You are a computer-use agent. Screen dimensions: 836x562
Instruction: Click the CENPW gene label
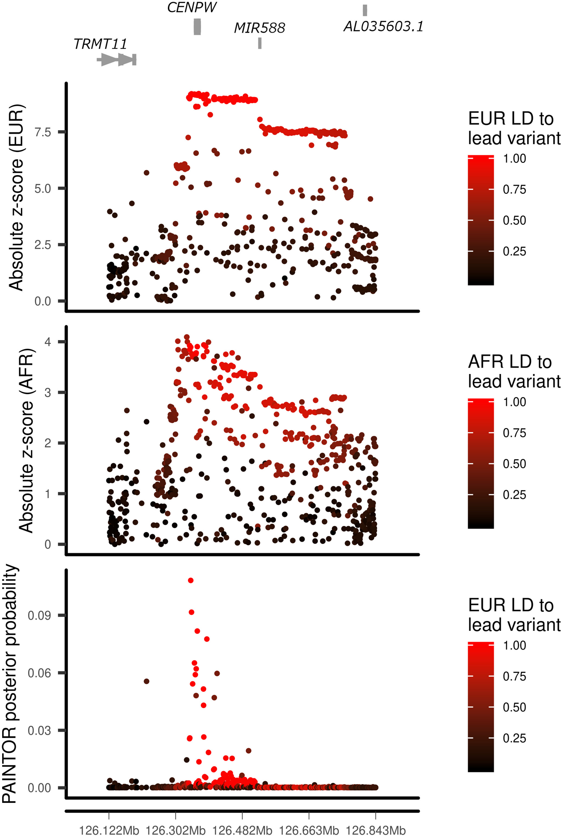[x=192, y=7]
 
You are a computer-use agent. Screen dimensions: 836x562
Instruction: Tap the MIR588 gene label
[x=259, y=28]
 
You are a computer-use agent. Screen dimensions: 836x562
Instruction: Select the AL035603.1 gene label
[x=383, y=27]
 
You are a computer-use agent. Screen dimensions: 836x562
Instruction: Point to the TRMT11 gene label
[x=100, y=44]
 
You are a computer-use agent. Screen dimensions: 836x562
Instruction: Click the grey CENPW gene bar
[x=197, y=27]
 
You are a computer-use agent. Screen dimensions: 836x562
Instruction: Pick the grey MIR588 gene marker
[x=260, y=43]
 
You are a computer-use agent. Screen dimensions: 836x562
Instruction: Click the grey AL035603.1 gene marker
[x=365, y=10]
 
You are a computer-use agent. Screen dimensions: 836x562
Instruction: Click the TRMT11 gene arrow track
[x=117, y=60]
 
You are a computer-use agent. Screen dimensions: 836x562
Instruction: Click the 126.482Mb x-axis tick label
[x=242, y=830]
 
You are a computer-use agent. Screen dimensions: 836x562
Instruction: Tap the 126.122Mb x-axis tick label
[x=109, y=830]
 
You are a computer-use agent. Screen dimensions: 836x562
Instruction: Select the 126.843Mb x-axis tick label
[x=375, y=830]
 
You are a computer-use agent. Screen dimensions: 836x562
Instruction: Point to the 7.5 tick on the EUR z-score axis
[x=43, y=132]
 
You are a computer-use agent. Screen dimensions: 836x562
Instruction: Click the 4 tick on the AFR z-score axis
[x=47, y=342]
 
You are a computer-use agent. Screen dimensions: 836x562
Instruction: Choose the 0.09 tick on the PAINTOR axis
[x=39, y=615]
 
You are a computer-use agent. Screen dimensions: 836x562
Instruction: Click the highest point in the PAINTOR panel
[x=191, y=580]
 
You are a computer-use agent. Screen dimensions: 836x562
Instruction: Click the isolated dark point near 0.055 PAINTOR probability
[x=147, y=681]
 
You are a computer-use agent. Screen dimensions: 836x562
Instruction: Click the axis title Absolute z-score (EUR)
[x=16, y=197]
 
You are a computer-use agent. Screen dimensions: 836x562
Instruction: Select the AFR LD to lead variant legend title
[x=514, y=371]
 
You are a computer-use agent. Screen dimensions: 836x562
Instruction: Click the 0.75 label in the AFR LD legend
[x=514, y=433]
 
